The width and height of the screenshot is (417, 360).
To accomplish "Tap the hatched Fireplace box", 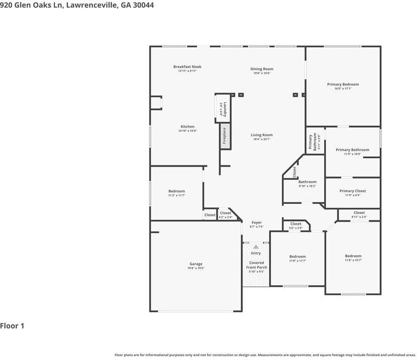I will (x=224, y=136).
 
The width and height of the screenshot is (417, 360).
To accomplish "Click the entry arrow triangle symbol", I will (x=255, y=247).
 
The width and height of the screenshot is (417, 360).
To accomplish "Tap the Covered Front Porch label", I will (x=256, y=265).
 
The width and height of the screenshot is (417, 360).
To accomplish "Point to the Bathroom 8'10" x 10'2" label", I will (x=307, y=182).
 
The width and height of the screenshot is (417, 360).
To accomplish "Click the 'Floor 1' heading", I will (x=12, y=326).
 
